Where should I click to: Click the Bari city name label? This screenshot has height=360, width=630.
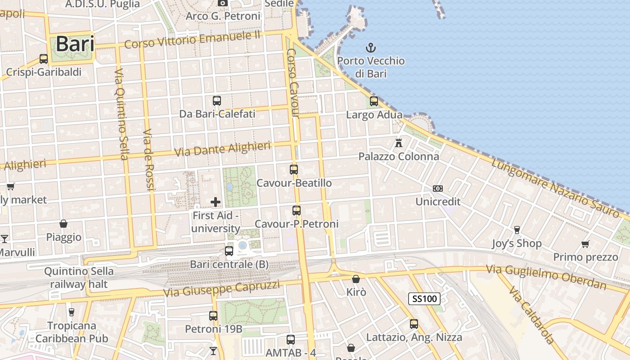[75, 44]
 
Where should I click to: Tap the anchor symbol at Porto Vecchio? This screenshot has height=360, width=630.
[371, 47]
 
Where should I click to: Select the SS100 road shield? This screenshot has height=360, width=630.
[424, 298]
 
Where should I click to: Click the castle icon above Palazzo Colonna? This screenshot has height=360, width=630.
[398, 143]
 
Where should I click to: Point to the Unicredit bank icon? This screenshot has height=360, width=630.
[438, 188]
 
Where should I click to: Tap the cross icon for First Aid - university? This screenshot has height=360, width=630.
[216, 202]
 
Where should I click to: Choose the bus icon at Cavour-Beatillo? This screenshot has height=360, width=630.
[294, 170]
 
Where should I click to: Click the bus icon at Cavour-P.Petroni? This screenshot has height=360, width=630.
[296, 210]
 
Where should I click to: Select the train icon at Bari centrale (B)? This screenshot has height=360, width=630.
[229, 251]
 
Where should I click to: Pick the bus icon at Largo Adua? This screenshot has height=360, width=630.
[374, 101]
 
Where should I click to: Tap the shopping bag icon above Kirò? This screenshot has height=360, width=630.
[356, 279]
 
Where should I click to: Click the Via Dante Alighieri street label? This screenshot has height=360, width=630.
[222, 148]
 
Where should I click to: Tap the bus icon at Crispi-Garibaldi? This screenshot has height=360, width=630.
[44, 58]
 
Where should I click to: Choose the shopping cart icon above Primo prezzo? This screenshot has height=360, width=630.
[585, 244]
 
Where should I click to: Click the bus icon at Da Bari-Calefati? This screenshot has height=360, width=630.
[217, 100]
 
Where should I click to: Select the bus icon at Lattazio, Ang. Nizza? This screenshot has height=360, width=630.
[414, 324]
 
